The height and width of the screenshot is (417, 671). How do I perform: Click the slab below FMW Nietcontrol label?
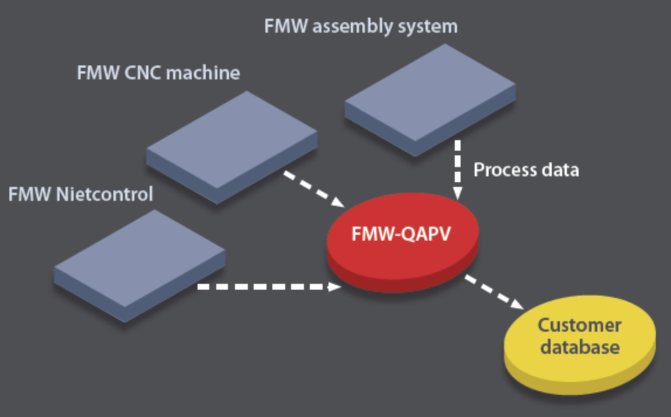[140, 260]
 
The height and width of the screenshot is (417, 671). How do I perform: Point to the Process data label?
[526, 170]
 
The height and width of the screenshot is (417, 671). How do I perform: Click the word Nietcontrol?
[105, 194]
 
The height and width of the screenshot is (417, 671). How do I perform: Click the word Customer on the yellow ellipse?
[579, 325]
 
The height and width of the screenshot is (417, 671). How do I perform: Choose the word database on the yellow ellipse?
[579, 347]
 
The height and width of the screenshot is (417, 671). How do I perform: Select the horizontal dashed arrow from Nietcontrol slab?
[269, 287]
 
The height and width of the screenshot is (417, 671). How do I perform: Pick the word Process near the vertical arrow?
[504, 170]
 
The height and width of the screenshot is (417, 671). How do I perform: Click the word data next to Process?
[559, 170]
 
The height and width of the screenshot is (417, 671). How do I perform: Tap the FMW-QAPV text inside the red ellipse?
[402, 234]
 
